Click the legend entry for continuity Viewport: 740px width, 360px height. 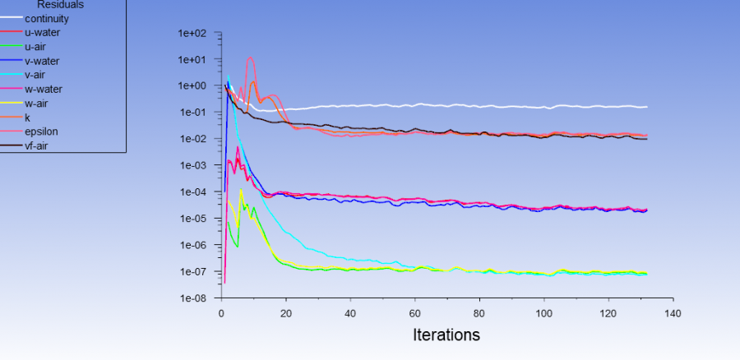pos(47,18)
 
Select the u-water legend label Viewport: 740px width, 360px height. pos(43,32)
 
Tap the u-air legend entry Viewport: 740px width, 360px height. pos(38,46)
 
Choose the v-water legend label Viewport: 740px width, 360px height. pos(42,61)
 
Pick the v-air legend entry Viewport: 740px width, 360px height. pos(37,75)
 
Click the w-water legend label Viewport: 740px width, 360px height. pos(44,89)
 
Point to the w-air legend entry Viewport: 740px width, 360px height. pos(39,103)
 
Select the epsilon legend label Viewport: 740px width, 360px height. pos(41,132)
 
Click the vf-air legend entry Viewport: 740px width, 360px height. pos(39,145)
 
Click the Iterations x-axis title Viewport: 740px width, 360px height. pos(446,335)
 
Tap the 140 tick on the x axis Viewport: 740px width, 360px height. pos(673,313)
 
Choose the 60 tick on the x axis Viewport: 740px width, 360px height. pos(415,313)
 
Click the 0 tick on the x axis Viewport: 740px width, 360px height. pos(221,313)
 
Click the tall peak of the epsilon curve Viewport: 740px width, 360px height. pos(251,58)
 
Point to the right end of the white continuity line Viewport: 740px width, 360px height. pos(646,107)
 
